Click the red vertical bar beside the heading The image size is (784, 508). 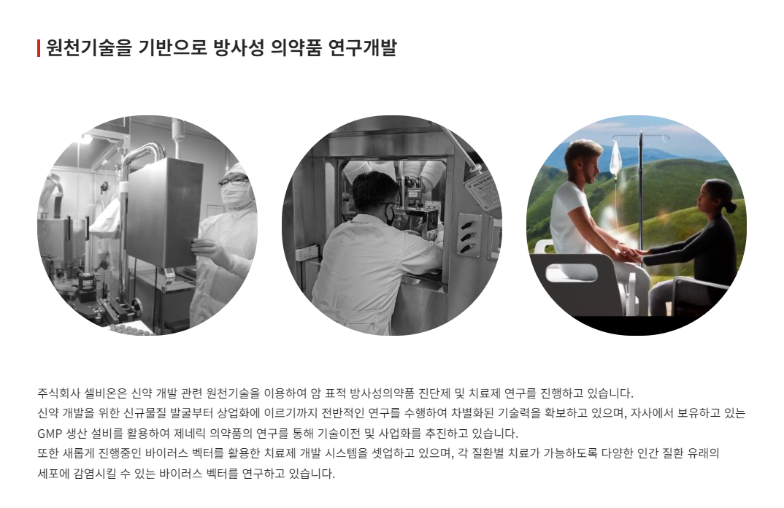(39, 48)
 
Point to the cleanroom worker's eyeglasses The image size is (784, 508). (233, 180)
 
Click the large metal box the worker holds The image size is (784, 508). (163, 211)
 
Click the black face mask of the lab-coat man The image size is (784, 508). (391, 215)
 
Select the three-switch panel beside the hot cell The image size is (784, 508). (468, 234)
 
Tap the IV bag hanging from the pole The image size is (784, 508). (615, 158)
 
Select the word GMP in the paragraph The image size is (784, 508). (50, 433)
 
